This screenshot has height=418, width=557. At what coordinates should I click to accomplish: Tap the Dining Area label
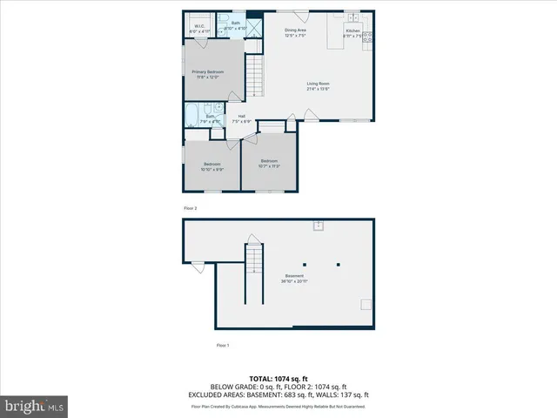tap(296, 33)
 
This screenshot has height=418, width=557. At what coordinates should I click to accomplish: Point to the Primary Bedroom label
tap(209, 74)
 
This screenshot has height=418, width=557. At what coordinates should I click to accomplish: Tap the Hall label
tap(241, 118)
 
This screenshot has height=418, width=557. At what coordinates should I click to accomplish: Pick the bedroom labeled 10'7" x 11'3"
tap(269, 163)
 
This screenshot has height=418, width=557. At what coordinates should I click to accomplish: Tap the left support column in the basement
tap(305, 264)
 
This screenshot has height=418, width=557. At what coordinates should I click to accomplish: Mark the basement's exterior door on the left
tap(198, 266)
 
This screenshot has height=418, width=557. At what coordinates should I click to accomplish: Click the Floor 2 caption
tap(190, 209)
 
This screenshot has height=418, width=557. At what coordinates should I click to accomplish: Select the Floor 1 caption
tap(223, 346)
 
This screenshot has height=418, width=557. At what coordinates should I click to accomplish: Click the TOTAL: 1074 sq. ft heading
tap(278, 378)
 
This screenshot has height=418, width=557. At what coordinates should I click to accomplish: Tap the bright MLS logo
tap(35, 406)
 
